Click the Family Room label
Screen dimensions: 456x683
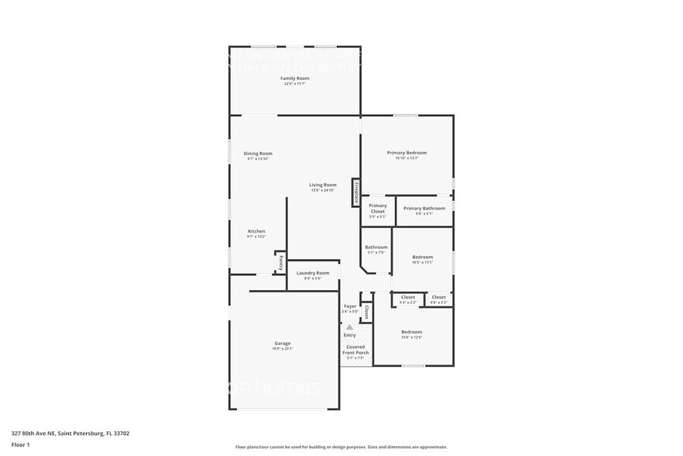(x=294, y=78)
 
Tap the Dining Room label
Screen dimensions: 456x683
(x=258, y=154)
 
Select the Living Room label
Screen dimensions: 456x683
(x=323, y=185)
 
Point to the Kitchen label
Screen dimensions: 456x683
(x=256, y=231)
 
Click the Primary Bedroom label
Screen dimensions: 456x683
(x=407, y=153)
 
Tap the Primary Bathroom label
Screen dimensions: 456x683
(x=424, y=208)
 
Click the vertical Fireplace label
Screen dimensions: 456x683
(x=356, y=192)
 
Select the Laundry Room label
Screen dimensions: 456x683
(x=313, y=273)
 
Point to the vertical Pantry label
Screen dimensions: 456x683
(x=280, y=263)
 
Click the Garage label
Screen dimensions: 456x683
(x=283, y=343)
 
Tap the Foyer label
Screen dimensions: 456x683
(x=350, y=306)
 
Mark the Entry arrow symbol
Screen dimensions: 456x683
(x=350, y=327)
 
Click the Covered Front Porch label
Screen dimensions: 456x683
(x=355, y=350)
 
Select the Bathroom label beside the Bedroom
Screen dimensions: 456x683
(x=376, y=247)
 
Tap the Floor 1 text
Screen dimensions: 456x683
(x=21, y=444)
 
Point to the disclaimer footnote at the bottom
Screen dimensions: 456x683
(x=341, y=447)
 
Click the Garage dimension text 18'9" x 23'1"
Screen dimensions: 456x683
(x=283, y=349)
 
